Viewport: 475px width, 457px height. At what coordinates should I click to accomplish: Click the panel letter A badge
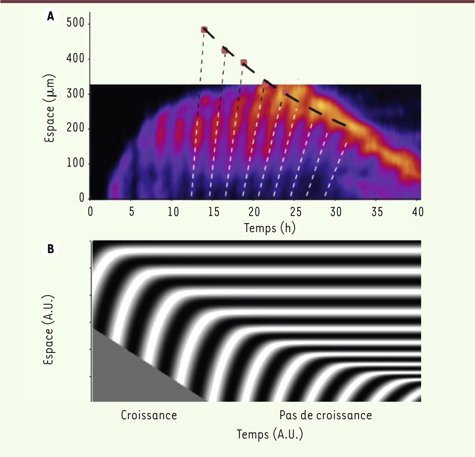[50, 16]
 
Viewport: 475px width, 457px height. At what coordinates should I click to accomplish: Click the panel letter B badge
[50, 249]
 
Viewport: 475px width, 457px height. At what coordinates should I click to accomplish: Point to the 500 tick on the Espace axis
[75, 23]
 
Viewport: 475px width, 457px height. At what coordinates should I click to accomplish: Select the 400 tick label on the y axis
[75, 58]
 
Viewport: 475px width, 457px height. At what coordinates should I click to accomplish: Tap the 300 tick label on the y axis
[75, 94]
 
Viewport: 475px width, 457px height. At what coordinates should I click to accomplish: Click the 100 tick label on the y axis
[75, 163]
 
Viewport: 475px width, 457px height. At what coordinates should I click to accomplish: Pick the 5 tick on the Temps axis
[131, 212]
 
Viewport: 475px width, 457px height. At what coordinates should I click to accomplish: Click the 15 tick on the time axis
[213, 212]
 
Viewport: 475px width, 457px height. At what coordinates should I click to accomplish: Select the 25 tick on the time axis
[295, 212]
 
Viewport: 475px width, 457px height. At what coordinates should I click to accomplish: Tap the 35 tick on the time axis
[377, 212]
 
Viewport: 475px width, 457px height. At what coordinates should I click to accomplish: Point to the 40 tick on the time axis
[417, 212]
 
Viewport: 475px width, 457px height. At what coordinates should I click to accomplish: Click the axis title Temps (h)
[270, 228]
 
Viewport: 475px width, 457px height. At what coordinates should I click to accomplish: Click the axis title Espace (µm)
[49, 108]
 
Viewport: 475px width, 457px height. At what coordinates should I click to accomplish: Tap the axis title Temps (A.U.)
[270, 434]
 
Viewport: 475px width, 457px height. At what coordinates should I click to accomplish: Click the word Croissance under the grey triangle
[149, 415]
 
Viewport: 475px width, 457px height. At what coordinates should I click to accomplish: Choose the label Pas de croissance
[325, 415]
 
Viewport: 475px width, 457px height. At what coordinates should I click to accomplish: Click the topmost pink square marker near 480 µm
[204, 30]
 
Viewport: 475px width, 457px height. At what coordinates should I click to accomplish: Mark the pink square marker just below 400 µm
[244, 63]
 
